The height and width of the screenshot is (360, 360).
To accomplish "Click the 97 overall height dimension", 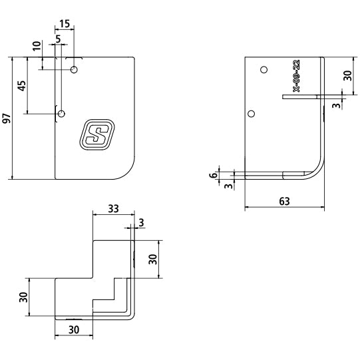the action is [x=7, y=118].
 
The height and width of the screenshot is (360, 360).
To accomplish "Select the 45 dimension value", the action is [x=22, y=86].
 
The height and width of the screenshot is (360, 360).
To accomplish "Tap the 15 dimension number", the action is [x=65, y=24].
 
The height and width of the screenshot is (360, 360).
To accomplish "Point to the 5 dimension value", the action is [x=59, y=39].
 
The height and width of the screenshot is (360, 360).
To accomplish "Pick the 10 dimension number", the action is [x=37, y=46].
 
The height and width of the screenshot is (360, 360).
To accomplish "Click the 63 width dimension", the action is [x=284, y=202].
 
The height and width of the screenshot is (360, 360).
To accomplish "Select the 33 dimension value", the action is [x=113, y=209].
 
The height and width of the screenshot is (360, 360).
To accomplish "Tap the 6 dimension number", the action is [x=214, y=175].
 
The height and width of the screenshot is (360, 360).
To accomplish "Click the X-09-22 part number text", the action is [x=297, y=76].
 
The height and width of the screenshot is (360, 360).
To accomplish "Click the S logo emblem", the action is [x=97, y=134].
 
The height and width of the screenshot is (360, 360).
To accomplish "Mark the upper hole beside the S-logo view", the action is [x=74, y=69].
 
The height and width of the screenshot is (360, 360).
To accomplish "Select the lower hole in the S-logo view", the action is [x=61, y=114].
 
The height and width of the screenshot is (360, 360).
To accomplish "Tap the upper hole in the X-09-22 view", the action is [x=264, y=70].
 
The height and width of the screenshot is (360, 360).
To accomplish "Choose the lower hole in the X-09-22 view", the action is [x=252, y=114].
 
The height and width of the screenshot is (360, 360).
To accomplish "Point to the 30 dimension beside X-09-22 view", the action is [x=347, y=76].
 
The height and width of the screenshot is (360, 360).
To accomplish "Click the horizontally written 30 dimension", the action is [x=74, y=330].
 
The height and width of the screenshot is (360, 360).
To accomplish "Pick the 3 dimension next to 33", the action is [x=141, y=222].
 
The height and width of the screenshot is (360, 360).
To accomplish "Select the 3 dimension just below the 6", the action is [x=228, y=186].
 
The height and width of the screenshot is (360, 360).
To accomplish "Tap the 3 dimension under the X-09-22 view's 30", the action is [x=336, y=105].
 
